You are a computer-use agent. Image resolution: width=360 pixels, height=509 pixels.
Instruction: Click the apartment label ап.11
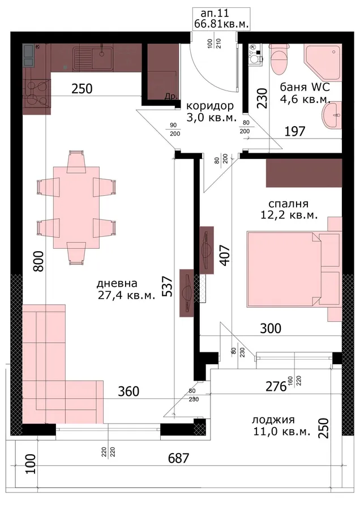tap(215, 14)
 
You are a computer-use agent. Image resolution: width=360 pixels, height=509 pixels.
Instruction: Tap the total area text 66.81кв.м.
tap(221, 24)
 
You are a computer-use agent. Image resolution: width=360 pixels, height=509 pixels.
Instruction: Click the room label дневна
tap(117, 283)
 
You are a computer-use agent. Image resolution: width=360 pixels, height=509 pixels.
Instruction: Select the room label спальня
tap(288, 204)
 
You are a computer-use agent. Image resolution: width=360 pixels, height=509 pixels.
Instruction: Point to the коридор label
tap(209, 106)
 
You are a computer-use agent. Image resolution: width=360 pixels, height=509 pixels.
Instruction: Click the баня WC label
tap(305, 87)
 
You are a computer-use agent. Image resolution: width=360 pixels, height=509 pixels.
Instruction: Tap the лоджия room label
tap(273, 420)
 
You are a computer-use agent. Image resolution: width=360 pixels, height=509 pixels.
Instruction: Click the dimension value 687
tap(178, 458)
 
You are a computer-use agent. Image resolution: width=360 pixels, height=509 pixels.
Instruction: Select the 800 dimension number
tap(38, 261)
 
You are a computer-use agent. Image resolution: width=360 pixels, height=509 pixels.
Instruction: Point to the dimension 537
tap(167, 286)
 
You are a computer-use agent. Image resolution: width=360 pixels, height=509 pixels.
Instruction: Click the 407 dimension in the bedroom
tap(225, 256)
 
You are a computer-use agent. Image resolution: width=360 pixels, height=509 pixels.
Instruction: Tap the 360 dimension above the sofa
tap(128, 391)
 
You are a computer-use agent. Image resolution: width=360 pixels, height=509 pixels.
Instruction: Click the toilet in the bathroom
tap(278, 59)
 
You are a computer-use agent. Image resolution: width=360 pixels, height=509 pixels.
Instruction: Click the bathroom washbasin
tap(332, 115)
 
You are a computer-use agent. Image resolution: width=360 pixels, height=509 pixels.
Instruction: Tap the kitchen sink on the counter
tap(93, 59)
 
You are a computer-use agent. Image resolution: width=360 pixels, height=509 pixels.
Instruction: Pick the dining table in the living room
tap(76, 208)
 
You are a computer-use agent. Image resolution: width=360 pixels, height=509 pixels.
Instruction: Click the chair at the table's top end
tap(76, 161)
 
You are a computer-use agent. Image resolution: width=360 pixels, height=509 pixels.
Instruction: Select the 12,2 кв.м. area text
tap(289, 215)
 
